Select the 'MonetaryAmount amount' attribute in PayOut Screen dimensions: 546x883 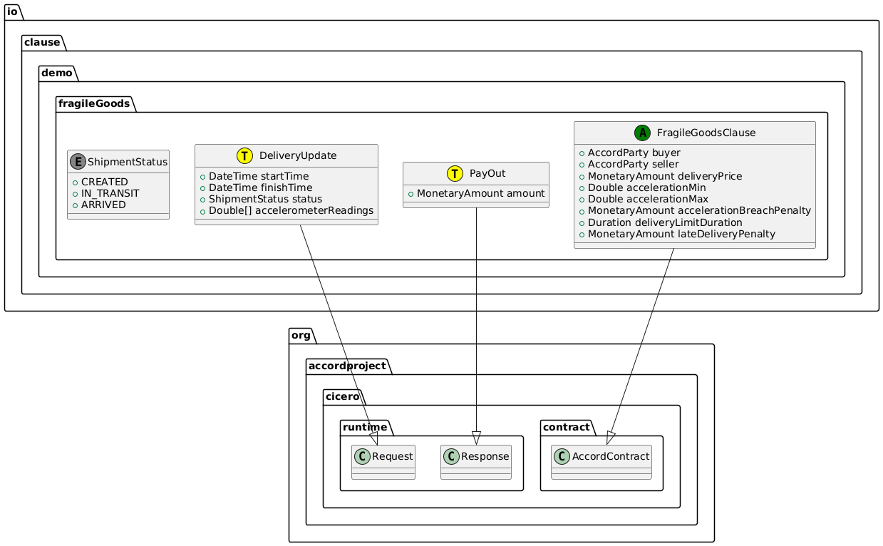[481, 193]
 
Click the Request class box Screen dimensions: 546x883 [383, 463]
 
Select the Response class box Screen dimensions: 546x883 [476, 463]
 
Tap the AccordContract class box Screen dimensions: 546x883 [601, 463]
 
